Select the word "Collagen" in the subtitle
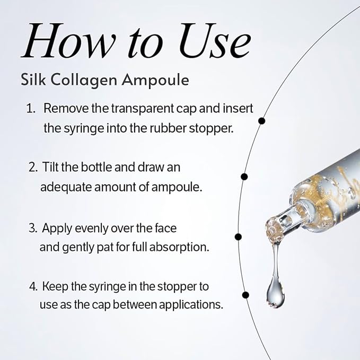pyautogui.click(x=84, y=81)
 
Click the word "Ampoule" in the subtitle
pyautogui.click(x=155, y=81)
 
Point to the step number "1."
pyautogui.click(x=31, y=108)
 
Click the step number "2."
pyautogui.click(x=33, y=167)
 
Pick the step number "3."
pyautogui.click(x=33, y=228)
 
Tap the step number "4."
pyautogui.click(x=33, y=286)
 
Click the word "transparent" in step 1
pyautogui.click(x=142, y=109)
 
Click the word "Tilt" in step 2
pyautogui.click(x=50, y=167)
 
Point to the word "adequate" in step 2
pyautogui.click(x=66, y=188)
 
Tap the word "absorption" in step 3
pyautogui.click(x=179, y=248)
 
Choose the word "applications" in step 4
pyautogui.click(x=191, y=305)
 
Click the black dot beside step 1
pyautogui.click(x=262, y=121)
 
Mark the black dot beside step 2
pyautogui.click(x=244, y=177)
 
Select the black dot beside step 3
pyautogui.click(x=238, y=236)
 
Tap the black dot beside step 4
pyautogui.click(x=245, y=295)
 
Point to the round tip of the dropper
pyautogui.click(x=274, y=230)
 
